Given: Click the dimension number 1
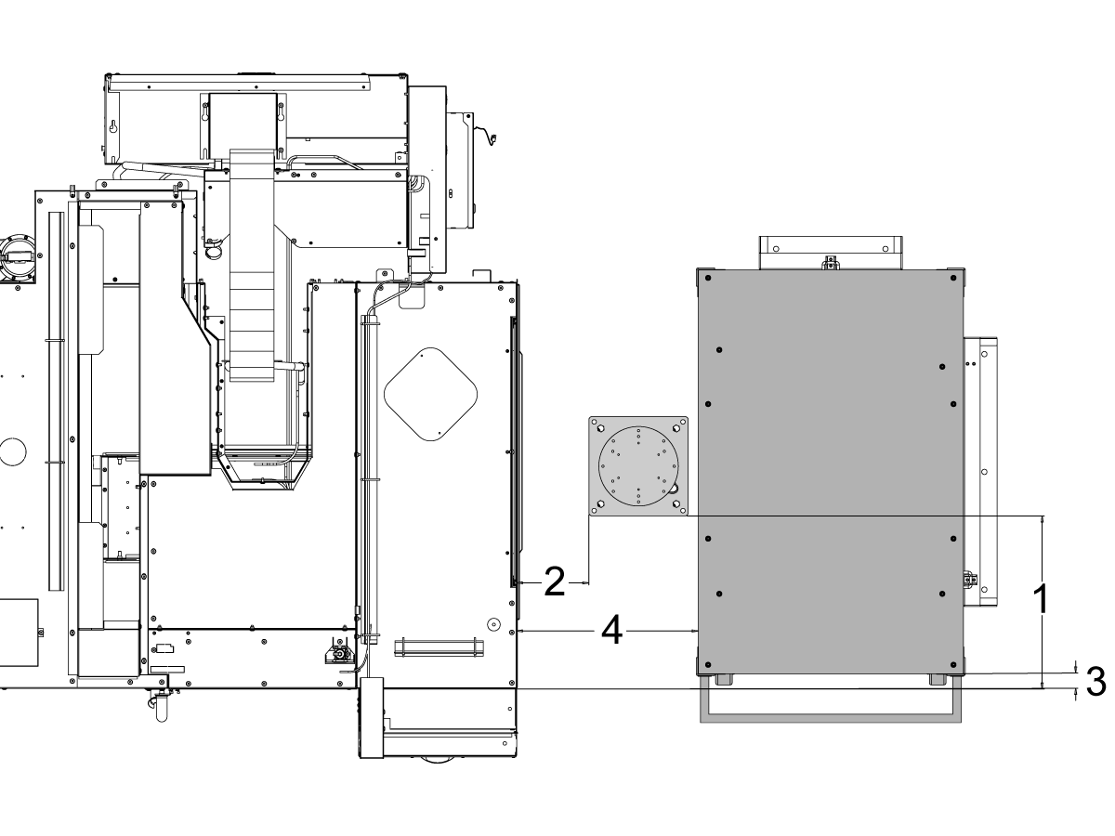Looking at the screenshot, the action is click(1042, 599).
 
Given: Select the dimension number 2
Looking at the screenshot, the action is click(554, 581).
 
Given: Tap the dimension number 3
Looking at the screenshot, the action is click(1096, 682).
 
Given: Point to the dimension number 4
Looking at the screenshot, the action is click(611, 631).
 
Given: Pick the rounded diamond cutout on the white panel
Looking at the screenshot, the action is click(431, 394).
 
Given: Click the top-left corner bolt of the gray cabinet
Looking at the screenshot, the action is click(708, 278).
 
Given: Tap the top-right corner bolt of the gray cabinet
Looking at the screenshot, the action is click(953, 278).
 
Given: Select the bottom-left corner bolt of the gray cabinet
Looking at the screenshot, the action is click(708, 665).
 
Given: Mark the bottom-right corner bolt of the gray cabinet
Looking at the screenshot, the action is click(953, 665).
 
